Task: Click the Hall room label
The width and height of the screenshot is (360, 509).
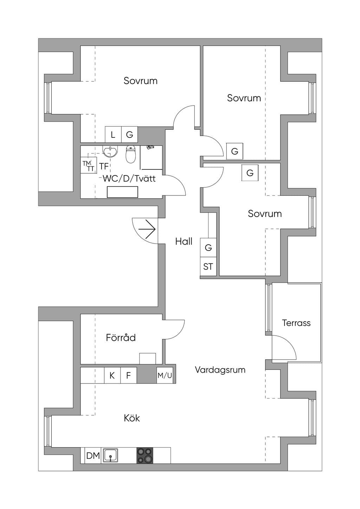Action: click(x=184, y=241)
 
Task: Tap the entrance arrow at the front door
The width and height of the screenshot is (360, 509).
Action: click(x=147, y=229)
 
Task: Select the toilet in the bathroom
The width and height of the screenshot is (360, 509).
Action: click(x=131, y=155)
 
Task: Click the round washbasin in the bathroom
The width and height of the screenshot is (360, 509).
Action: click(x=110, y=151)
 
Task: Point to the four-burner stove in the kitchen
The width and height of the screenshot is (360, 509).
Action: click(x=145, y=455)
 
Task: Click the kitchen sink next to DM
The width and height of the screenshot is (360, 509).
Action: click(x=110, y=455)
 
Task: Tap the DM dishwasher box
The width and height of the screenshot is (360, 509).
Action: click(x=93, y=455)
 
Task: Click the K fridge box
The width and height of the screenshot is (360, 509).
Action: click(x=112, y=375)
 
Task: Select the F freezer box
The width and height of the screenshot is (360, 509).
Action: click(x=128, y=375)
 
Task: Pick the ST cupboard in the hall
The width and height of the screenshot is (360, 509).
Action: click(x=208, y=266)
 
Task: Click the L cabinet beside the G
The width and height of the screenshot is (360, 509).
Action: click(x=113, y=135)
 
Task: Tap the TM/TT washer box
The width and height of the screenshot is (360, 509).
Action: click(x=89, y=165)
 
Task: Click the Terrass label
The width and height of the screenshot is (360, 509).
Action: click(x=296, y=323)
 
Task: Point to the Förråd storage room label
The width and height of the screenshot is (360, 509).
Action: click(x=121, y=337)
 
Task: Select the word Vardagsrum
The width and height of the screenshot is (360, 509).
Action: click(x=220, y=370)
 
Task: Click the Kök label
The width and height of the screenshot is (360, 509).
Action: click(x=132, y=418)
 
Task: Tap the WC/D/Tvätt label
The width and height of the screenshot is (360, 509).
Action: click(x=129, y=179)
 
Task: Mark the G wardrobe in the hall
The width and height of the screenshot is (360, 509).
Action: click(x=208, y=247)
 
